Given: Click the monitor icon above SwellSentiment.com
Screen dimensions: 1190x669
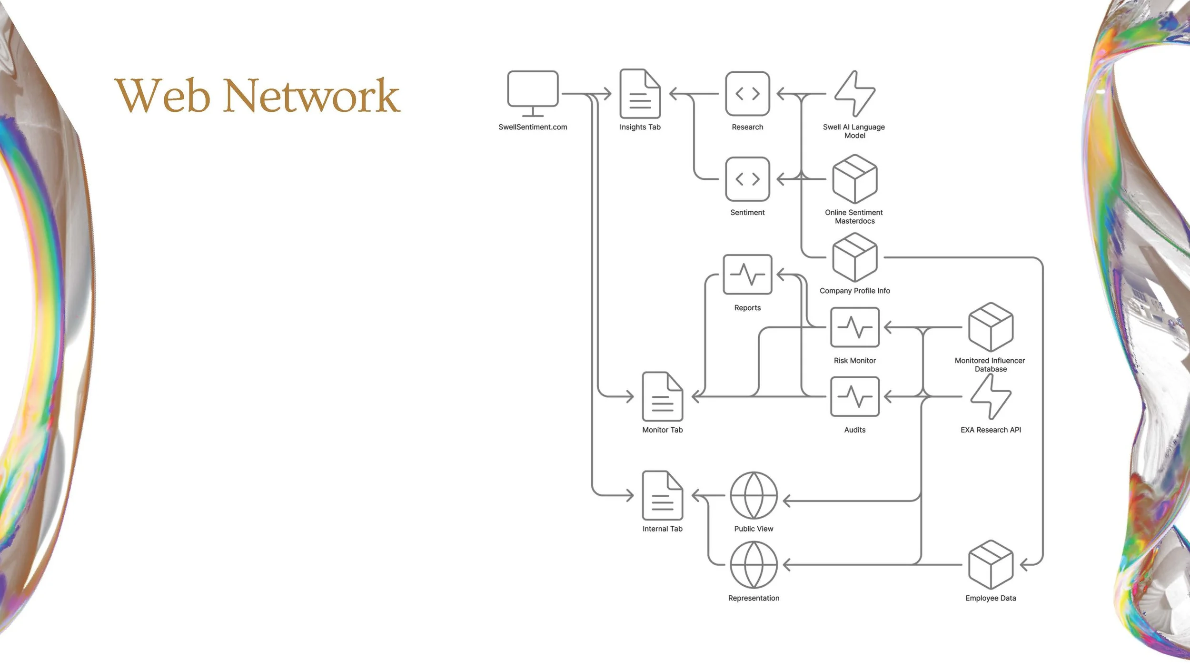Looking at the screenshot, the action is tap(533, 94).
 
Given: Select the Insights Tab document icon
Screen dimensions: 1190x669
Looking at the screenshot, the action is tap(640, 94).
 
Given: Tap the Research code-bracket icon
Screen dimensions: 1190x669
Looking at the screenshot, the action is tap(747, 94).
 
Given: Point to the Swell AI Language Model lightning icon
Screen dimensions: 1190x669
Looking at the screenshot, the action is tap(855, 94).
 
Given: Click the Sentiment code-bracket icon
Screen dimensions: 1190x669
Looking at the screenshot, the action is tap(747, 179).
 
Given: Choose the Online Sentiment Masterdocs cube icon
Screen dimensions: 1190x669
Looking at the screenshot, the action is tap(855, 179).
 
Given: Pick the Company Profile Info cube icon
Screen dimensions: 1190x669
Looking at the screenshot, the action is tap(855, 257).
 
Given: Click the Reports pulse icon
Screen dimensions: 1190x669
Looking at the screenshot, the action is tap(747, 275).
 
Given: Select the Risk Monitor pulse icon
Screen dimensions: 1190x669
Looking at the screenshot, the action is tap(855, 327).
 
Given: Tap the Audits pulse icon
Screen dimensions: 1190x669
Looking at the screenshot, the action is tap(855, 397).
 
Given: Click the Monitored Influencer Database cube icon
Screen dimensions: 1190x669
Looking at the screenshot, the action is tap(991, 327).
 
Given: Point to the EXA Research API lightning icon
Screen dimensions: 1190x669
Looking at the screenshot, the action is tap(991, 397).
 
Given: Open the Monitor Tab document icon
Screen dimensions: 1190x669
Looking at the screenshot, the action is tap(663, 397).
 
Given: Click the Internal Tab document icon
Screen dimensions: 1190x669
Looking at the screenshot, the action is tap(663, 496).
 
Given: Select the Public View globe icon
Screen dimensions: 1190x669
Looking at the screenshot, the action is tap(754, 496).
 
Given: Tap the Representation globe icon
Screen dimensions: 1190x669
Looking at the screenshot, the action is tap(754, 565).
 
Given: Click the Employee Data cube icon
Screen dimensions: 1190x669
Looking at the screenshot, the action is tap(991, 565).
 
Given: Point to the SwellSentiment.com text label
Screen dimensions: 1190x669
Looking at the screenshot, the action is tap(533, 127).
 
